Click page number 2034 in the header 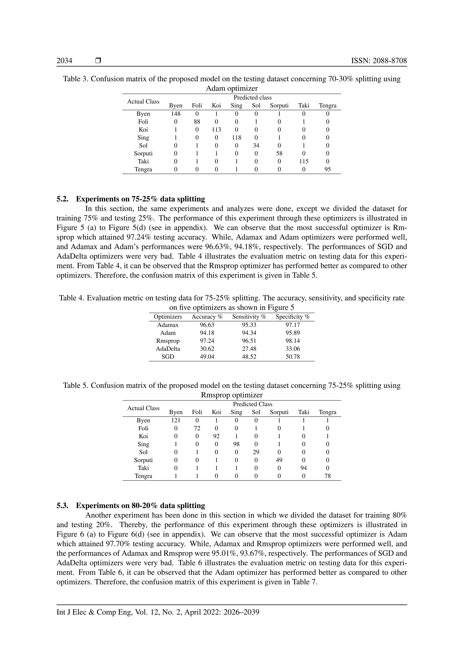coord(64,61)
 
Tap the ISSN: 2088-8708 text coord(379,61)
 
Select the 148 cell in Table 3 coord(176,114)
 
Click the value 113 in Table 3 coord(216,130)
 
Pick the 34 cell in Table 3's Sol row coord(256,146)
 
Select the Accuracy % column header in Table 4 coord(207,317)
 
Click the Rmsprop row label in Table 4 coord(168,341)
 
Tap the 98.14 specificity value coord(292,341)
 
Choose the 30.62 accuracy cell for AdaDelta coord(207,349)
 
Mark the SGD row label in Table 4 coord(168,357)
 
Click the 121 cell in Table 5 coord(176,420)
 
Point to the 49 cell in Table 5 coord(279,460)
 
